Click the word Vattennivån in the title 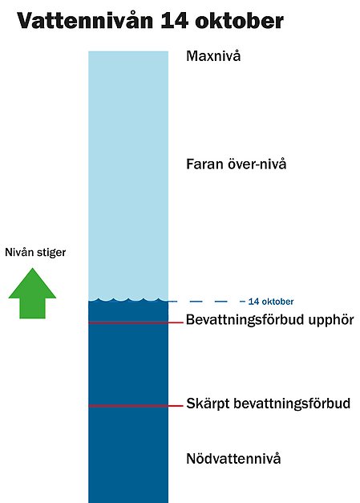[85, 21]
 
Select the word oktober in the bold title [239, 21]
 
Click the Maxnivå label [213, 56]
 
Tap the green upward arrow [32, 294]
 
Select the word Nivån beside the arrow [19, 252]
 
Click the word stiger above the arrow [51, 253]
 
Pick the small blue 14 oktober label [271, 302]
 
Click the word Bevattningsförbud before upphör [245, 320]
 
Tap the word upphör [331, 320]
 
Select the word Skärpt [208, 404]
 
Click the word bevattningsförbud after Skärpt [292, 404]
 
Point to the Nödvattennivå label [233, 458]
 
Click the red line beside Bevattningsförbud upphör [136, 322]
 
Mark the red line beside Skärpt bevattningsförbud [136, 406]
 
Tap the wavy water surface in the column [128, 300]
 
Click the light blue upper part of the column [128, 175]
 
